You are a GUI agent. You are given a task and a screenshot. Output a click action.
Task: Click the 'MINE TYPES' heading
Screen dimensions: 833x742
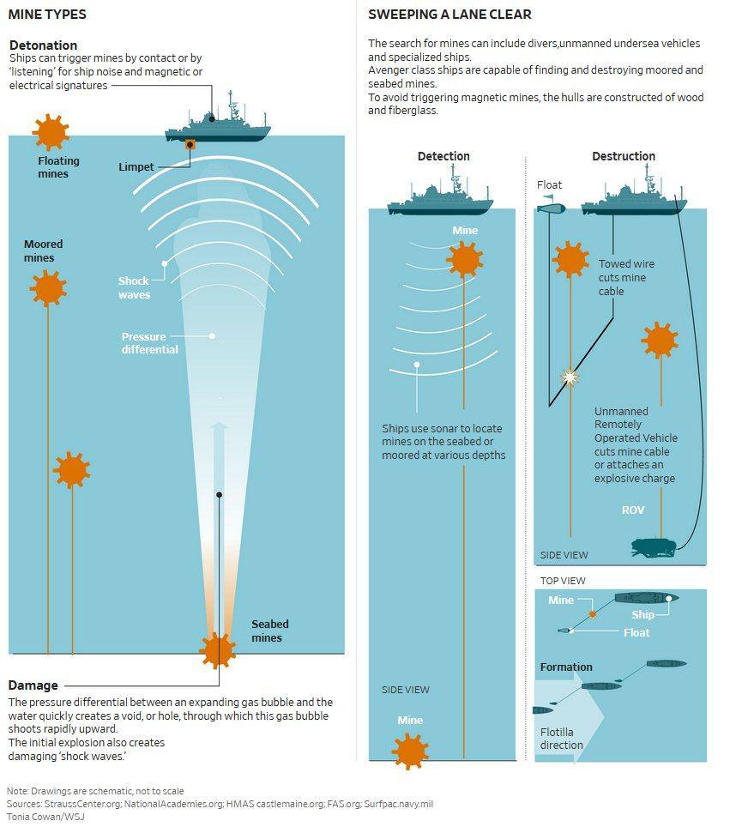(47, 15)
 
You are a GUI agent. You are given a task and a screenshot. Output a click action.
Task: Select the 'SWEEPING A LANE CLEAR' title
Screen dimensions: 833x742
(449, 15)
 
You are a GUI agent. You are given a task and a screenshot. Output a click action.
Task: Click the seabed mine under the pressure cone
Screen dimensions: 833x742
(217, 650)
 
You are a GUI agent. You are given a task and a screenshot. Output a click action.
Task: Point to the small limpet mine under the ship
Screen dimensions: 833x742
(190, 144)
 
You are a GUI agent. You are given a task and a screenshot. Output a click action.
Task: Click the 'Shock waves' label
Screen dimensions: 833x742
(134, 287)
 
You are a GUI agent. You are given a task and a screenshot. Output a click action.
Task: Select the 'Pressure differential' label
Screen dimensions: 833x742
(150, 343)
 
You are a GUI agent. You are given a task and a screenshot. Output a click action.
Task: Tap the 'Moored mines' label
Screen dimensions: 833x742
(44, 251)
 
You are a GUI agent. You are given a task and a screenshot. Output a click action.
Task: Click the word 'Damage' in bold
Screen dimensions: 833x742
(33, 685)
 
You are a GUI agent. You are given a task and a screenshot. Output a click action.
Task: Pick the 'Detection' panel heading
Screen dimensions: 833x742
(443, 156)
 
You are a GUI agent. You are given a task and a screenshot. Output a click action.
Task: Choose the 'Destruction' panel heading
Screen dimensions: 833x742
(624, 156)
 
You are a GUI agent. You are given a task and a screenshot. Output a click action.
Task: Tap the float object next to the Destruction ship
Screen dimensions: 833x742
(551, 207)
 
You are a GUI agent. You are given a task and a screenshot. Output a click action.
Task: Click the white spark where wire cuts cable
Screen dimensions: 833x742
(568, 376)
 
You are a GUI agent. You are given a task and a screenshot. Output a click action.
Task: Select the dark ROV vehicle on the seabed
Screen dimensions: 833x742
(654, 546)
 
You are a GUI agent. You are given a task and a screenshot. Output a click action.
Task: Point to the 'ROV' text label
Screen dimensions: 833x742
(633, 510)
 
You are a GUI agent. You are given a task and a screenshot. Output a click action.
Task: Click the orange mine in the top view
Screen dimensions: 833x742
(593, 614)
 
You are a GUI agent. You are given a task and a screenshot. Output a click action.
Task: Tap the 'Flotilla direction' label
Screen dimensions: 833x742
(562, 739)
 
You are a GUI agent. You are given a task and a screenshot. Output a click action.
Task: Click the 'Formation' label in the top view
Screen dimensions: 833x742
(566, 667)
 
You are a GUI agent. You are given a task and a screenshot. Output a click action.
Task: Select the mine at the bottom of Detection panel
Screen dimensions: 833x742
(410, 749)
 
